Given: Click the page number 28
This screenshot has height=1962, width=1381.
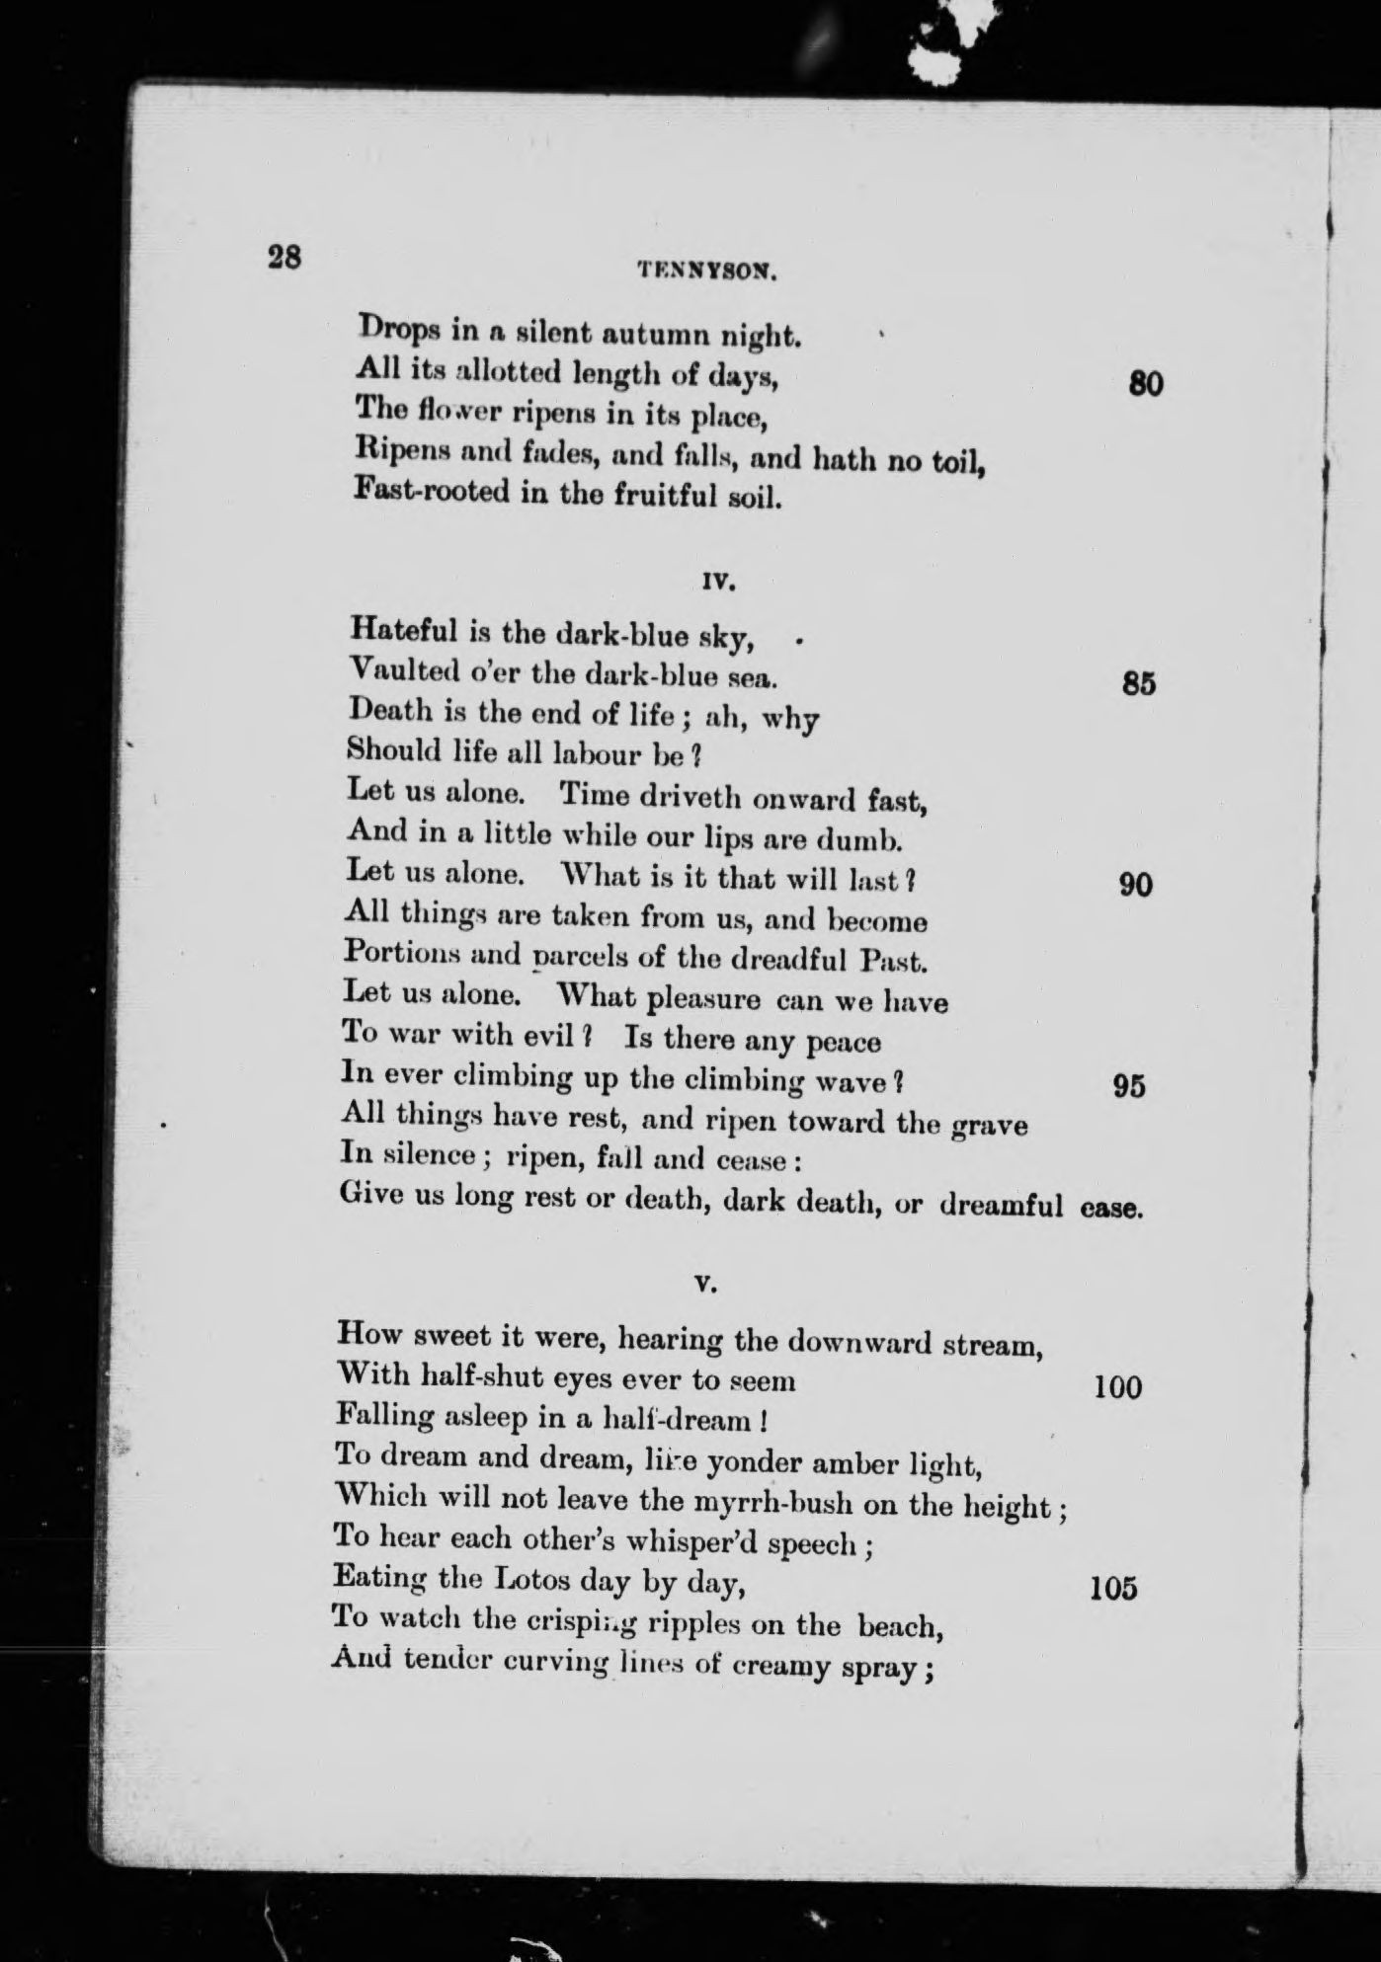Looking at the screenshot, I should (284, 258).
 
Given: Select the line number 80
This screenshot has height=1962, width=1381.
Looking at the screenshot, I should (1146, 383).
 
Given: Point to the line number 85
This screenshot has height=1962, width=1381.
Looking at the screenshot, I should (1139, 684).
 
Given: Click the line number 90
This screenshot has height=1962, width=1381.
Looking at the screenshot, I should (1136, 885).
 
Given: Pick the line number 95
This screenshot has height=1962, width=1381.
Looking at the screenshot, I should (1129, 1086).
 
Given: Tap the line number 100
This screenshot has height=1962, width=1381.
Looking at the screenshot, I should (1118, 1388).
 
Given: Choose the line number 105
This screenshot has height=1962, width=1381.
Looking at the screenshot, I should (1112, 1589).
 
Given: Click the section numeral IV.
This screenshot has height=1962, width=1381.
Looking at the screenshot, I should (719, 583).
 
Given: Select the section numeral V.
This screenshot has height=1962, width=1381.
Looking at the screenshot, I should (704, 1285).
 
